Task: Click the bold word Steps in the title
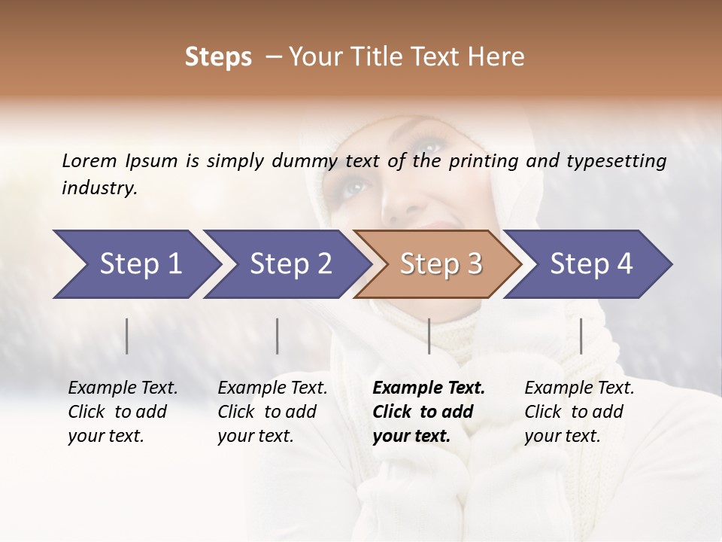(x=218, y=57)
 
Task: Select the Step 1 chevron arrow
(x=135, y=264)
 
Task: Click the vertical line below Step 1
(x=127, y=336)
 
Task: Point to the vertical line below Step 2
(x=278, y=336)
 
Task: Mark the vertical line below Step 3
(x=429, y=336)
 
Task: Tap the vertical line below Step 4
(x=581, y=336)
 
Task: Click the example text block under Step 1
(x=123, y=412)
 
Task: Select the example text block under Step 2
(x=272, y=412)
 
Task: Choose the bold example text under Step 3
(x=429, y=412)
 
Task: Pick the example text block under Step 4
(x=579, y=412)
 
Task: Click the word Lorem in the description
(x=89, y=160)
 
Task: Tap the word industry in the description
(x=99, y=188)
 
